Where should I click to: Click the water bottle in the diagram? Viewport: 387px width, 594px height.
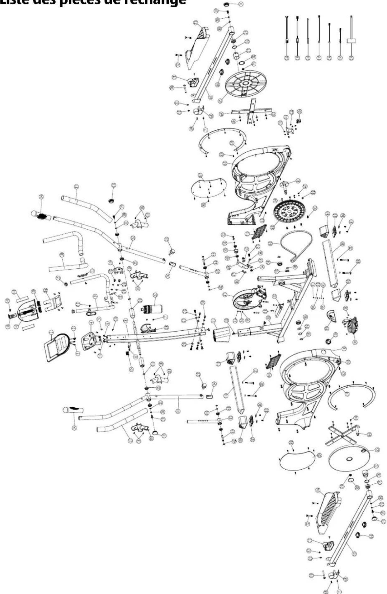(152, 309)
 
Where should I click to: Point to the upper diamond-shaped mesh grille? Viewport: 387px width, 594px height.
(259, 232)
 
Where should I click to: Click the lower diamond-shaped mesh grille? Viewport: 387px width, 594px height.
(273, 361)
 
